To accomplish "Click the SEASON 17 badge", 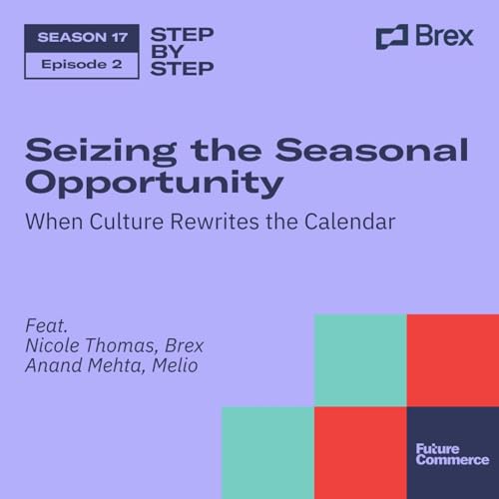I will pyautogui.click(x=81, y=37).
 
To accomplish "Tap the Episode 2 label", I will pyautogui.click(x=81, y=64).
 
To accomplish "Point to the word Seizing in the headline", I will pyautogui.click(x=83, y=152).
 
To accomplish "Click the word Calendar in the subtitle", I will pyautogui.click(x=348, y=221).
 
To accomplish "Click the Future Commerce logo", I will pyautogui.click(x=452, y=453).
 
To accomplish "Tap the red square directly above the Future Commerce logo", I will pyautogui.click(x=452, y=360).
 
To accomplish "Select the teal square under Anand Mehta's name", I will pyautogui.click(x=267, y=453).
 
